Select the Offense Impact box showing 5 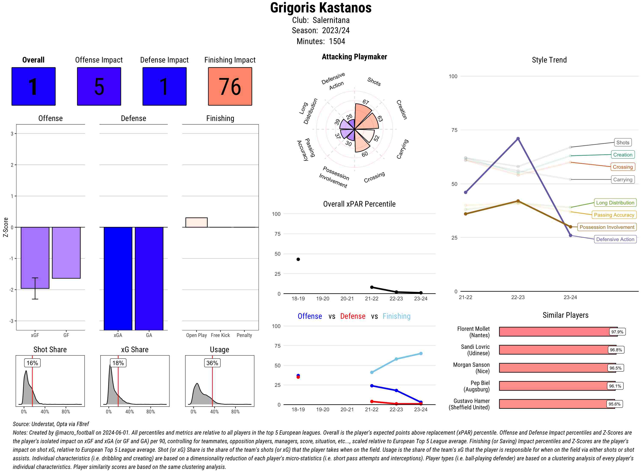(x=99, y=86)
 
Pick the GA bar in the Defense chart (x=149, y=278)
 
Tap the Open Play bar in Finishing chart (x=196, y=222)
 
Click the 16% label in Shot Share (x=32, y=363)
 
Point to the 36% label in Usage (x=212, y=363)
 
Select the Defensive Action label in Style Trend (x=615, y=239)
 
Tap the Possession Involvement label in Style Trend (x=607, y=227)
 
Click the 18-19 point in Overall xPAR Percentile (x=298, y=259)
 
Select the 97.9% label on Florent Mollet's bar (x=617, y=332)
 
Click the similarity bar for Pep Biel (x=553, y=386)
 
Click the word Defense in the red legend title (x=352, y=316)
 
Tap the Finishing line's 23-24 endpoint (x=421, y=353)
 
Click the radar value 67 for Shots (x=366, y=102)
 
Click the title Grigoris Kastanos (x=321, y=8)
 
